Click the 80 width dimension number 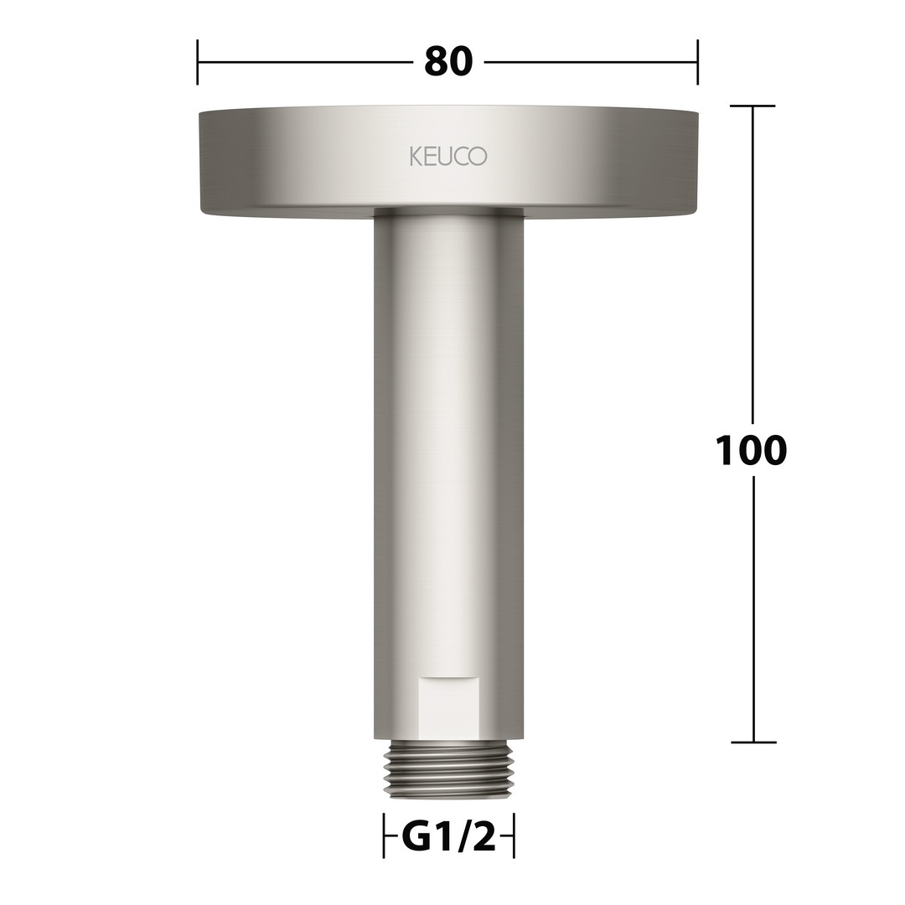448,62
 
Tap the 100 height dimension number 751,450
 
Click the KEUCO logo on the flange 447,157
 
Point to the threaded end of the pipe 448,768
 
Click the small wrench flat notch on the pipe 448,706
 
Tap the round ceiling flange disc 448,162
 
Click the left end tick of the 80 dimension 198,62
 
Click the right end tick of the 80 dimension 698,62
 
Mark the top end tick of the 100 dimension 752,106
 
